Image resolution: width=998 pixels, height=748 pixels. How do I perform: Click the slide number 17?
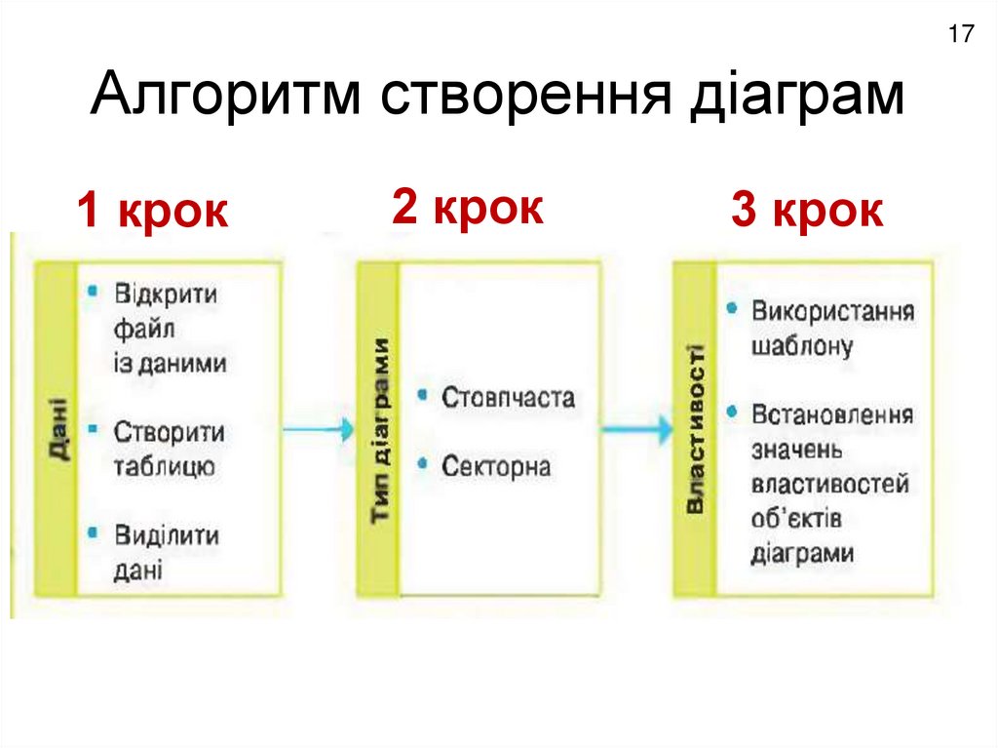pos(960,35)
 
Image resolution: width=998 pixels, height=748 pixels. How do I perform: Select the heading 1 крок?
pos(153,212)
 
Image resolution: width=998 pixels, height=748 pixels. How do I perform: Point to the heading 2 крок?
pos(468,208)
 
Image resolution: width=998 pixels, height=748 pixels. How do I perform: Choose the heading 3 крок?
pos(808,212)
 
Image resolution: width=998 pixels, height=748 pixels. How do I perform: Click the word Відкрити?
pos(166,295)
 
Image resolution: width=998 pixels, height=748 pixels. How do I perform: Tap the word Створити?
pos(169,431)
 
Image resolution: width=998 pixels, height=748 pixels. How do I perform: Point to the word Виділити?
pos(167,535)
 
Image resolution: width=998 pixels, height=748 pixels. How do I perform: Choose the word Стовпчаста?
pos(508,398)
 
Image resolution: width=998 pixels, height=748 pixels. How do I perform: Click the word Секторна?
pos(496,466)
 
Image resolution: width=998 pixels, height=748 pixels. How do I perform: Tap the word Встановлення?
pos(832,414)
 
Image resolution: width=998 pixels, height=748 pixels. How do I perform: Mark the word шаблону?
pos(802,346)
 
